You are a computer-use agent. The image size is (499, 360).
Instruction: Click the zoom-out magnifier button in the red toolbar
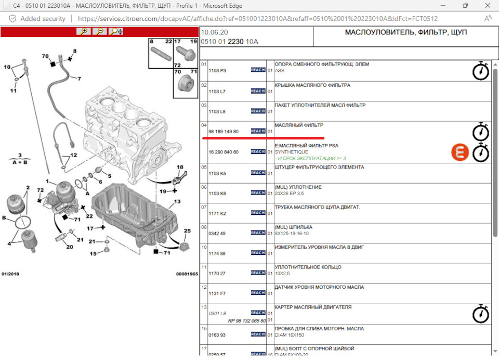[100, 31]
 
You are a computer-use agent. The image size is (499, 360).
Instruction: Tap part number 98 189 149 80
[224, 132]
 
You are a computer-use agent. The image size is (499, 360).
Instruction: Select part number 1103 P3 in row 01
[217, 70]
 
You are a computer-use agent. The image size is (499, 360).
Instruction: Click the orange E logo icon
[460, 152]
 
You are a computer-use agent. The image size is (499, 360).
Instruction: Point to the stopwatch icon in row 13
[480, 314]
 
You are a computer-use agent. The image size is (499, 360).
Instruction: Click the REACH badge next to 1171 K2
[258, 213]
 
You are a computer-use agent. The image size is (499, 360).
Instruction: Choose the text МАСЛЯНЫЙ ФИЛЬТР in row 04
[299, 125]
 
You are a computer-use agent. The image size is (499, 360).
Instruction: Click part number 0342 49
[217, 234]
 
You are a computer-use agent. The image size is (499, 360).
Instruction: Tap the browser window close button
[488, 5]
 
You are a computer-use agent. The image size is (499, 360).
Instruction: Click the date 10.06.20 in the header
[215, 32]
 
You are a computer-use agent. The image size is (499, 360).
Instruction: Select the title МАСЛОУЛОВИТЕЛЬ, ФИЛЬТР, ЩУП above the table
[406, 32]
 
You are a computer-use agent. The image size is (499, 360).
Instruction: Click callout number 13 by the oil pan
[177, 201]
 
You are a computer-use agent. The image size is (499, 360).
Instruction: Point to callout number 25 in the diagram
[188, 230]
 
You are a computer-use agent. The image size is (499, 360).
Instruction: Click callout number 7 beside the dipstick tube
[79, 79]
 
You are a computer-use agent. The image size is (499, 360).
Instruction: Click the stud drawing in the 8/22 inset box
[161, 54]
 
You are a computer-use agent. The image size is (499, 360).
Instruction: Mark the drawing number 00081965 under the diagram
[187, 274]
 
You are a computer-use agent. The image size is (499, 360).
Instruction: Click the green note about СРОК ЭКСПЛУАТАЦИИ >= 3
[310, 158]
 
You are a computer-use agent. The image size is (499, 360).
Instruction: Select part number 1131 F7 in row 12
[217, 293]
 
